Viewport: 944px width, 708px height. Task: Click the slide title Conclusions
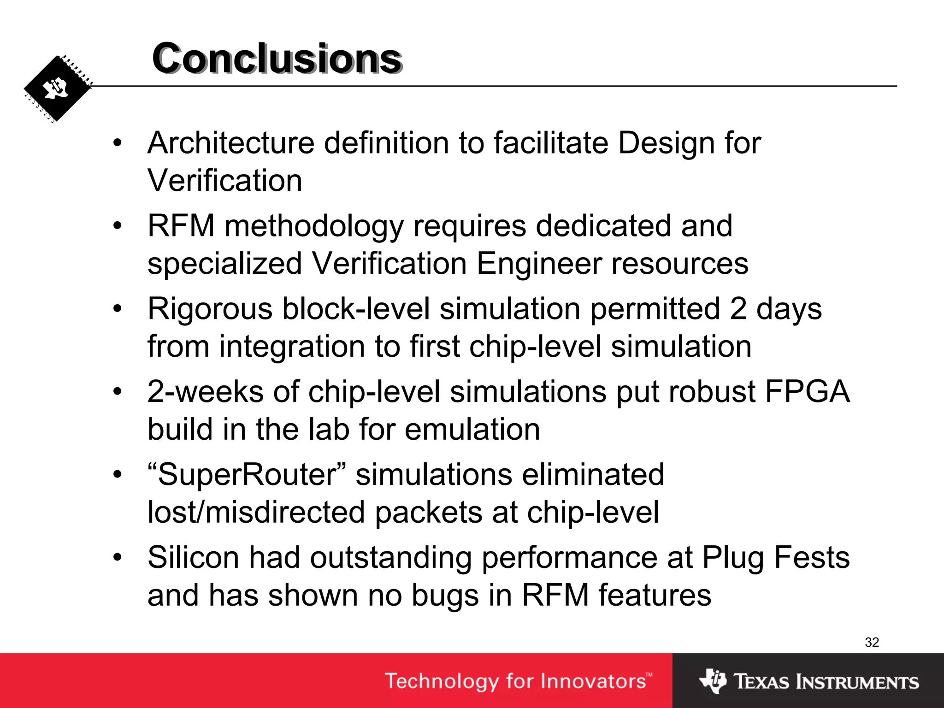(x=277, y=59)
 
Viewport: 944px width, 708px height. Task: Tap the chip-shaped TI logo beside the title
(x=57, y=88)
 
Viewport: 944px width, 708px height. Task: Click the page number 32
(x=872, y=642)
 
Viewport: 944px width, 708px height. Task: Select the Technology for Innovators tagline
(x=518, y=681)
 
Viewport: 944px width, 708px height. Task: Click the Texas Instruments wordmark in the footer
(x=826, y=682)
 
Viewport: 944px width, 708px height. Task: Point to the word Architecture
(x=231, y=143)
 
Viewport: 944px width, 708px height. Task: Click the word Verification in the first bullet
(x=225, y=180)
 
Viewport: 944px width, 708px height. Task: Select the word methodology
(x=314, y=226)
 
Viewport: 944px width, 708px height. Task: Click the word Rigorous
(x=210, y=309)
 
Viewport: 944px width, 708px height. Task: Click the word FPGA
(x=807, y=392)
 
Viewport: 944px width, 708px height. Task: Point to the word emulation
(x=472, y=429)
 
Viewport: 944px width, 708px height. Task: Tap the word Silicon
(x=193, y=558)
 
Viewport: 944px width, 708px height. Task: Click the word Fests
(x=812, y=558)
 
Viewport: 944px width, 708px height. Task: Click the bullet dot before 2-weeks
(x=118, y=392)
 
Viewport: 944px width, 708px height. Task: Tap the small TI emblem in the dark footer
(x=713, y=681)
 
